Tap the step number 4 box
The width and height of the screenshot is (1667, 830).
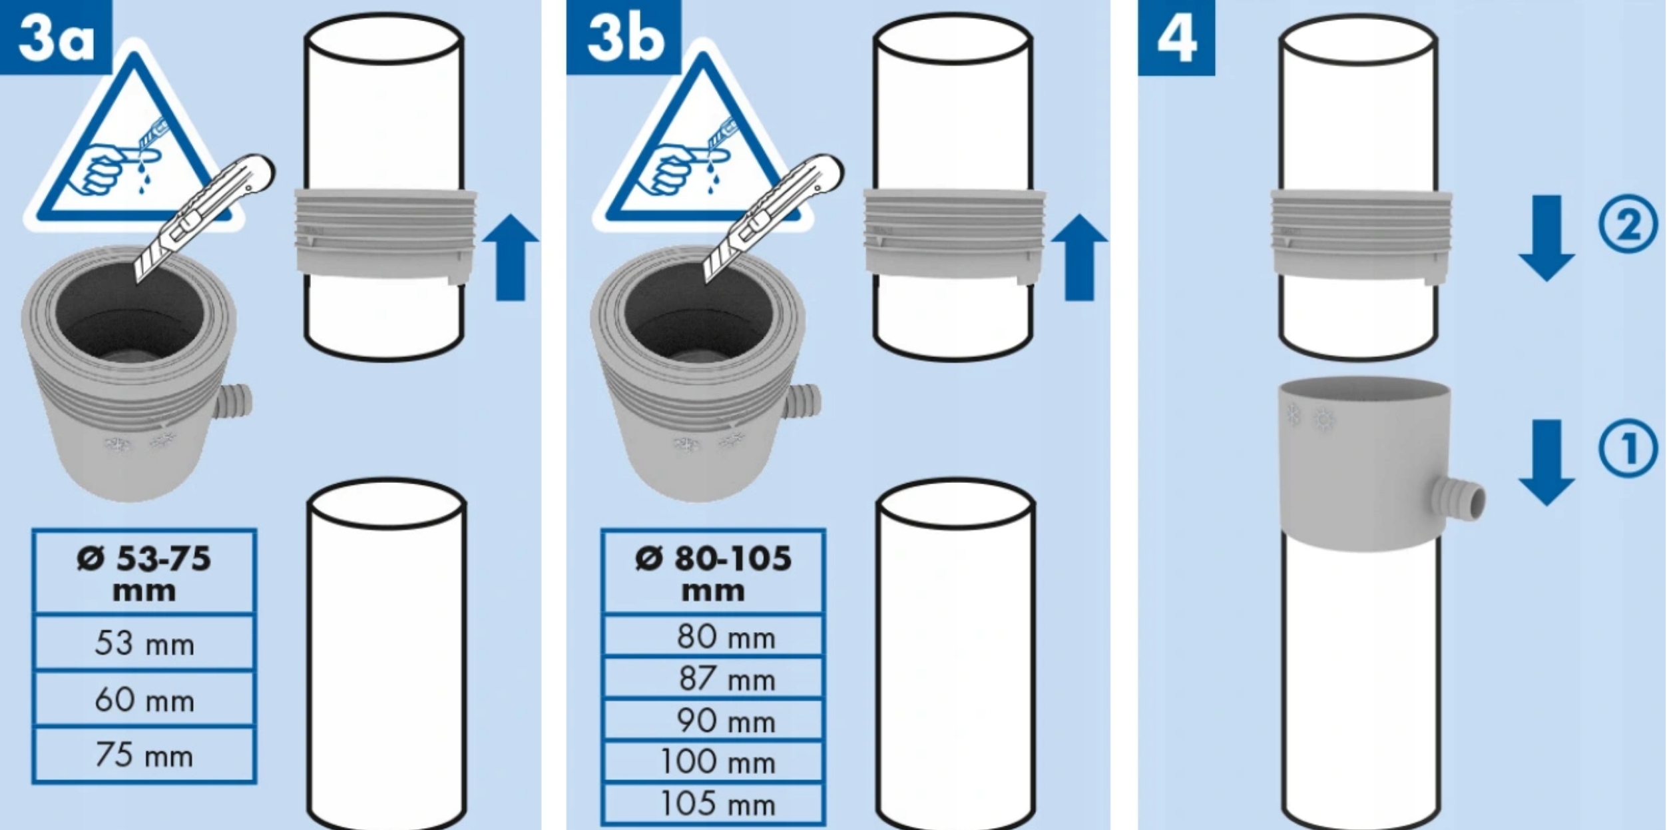[1176, 38]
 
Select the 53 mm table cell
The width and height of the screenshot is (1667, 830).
[144, 643]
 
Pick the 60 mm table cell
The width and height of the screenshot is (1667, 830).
[144, 699]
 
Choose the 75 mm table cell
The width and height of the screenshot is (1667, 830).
[144, 755]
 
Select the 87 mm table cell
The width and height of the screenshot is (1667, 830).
[713, 678]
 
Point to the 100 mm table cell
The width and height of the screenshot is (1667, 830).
[713, 761]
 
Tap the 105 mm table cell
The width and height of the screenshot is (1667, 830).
[713, 804]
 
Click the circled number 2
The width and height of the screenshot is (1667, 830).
[1627, 225]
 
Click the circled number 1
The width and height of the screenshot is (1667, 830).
[1627, 448]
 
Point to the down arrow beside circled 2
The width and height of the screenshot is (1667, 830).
[1547, 238]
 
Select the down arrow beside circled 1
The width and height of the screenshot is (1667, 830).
[1547, 462]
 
